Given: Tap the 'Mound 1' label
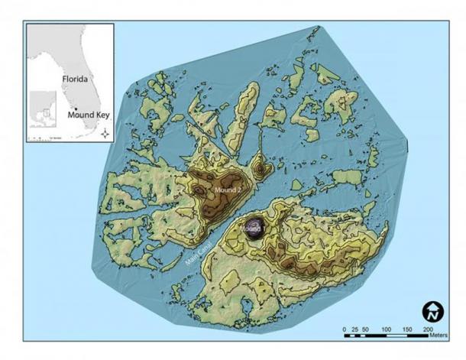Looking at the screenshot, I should pos(251,229).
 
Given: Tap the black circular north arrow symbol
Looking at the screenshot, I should pos(433,312).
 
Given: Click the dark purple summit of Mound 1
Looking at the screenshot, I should pos(255,228).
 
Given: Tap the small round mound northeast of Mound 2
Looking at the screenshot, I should pos(261,167).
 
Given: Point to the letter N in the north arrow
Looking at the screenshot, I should pos(433,313).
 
